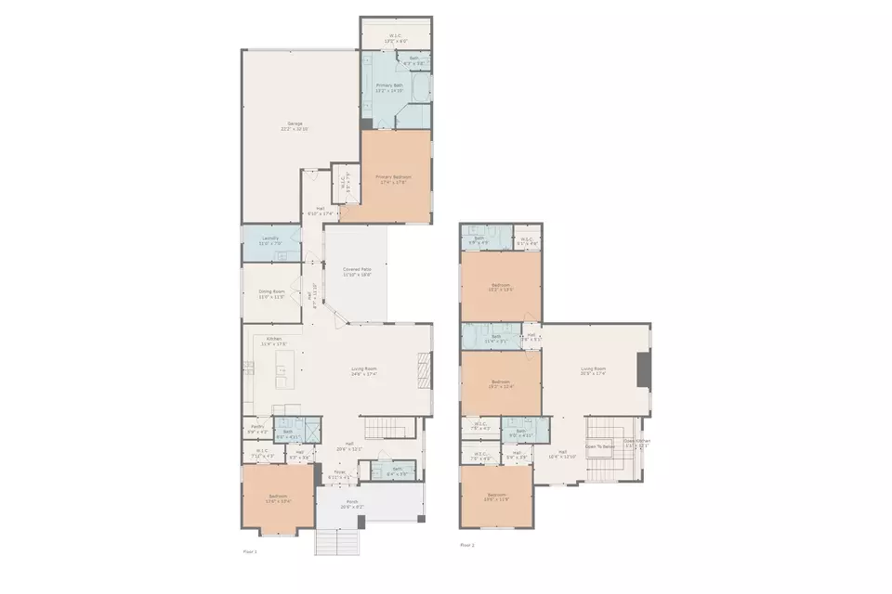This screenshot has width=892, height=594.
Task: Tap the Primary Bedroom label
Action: (x=393, y=179)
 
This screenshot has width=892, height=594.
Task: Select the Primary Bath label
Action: (x=389, y=87)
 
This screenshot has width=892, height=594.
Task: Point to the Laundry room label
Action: (x=270, y=240)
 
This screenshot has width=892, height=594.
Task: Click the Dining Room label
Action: (x=271, y=294)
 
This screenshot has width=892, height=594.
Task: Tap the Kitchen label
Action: (x=274, y=341)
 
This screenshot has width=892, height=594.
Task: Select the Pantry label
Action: (x=257, y=429)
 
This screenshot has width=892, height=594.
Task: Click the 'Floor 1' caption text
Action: (x=249, y=550)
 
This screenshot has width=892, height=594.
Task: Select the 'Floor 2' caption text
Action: (x=466, y=545)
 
